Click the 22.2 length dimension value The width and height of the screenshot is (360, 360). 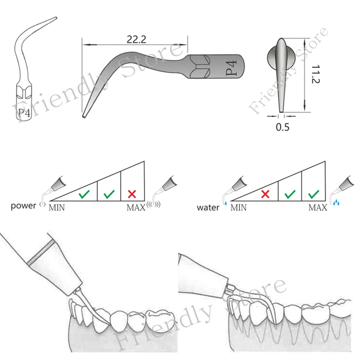click(x=135, y=39)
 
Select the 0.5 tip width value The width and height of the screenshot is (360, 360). click(x=283, y=127)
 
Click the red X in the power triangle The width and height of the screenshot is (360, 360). click(x=132, y=194)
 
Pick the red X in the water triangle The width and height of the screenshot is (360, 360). click(x=265, y=194)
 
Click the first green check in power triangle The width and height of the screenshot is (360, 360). click(x=84, y=195)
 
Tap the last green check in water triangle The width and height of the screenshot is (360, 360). click(x=314, y=194)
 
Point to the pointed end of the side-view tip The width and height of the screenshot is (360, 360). click(x=84, y=117)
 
